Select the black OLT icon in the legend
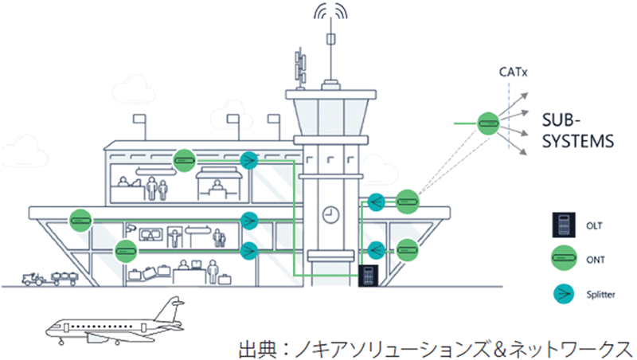563,226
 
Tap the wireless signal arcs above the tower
330,14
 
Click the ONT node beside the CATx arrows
487,123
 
